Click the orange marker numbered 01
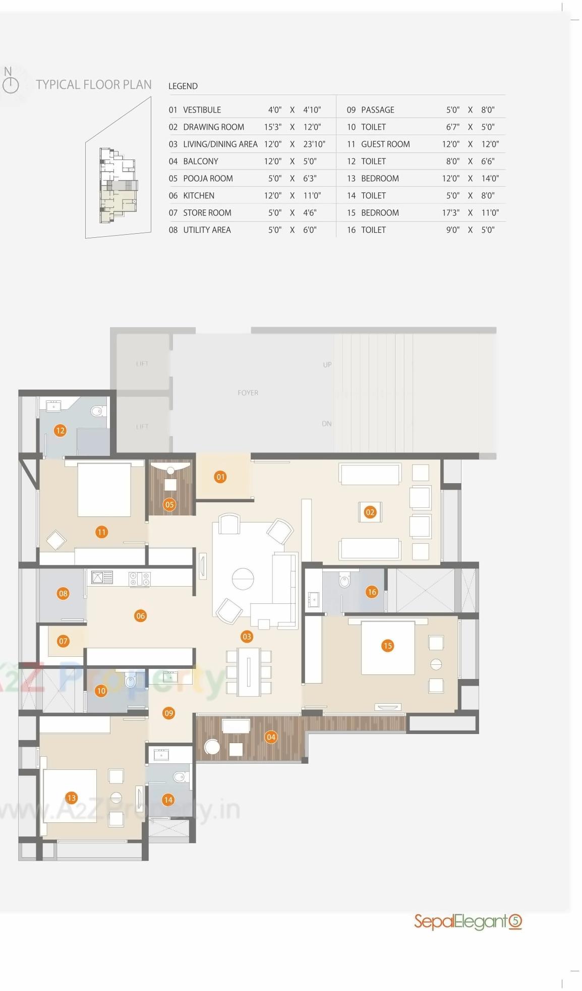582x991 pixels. [220, 477]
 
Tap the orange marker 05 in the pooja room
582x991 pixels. [169, 504]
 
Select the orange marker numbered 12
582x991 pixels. [61, 431]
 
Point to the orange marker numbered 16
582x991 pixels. [372, 592]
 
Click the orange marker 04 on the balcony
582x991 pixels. [271, 737]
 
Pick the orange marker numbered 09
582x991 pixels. [169, 713]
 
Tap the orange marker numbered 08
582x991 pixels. [63, 594]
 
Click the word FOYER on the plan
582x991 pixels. [248, 393]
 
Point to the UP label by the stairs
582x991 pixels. [327, 364]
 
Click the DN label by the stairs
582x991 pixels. [327, 424]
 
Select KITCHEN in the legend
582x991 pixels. [199, 195]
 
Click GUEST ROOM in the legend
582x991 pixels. [385, 144]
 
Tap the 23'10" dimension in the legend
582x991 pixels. [314, 144]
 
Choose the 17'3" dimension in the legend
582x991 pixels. [450, 213]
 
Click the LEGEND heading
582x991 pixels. [183, 86]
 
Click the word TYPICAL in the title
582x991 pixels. [55, 84]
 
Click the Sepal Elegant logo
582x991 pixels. [468, 922]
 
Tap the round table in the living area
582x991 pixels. [243, 579]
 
